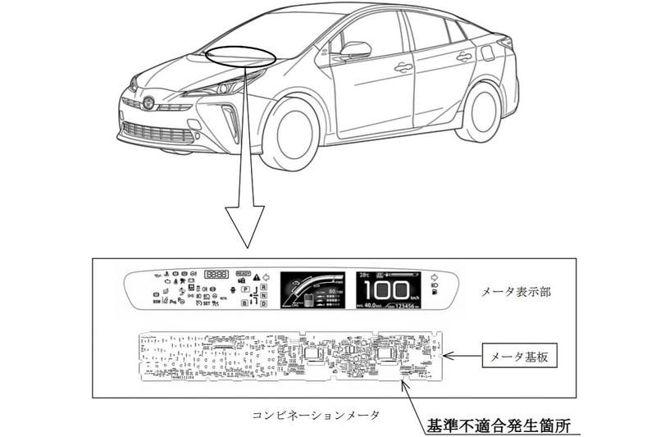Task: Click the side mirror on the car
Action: pos(355,51)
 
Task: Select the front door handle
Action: pos(403,67)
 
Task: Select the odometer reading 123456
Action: pos(403,307)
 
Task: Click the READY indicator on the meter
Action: pos(243,275)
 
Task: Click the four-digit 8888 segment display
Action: pos(217,275)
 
